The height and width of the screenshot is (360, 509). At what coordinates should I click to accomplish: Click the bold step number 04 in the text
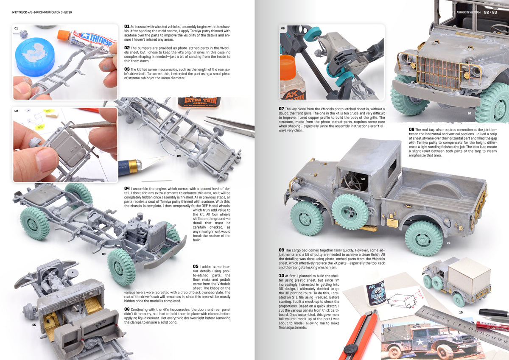[127, 188]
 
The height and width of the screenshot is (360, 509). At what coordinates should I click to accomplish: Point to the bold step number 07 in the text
[281, 109]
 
